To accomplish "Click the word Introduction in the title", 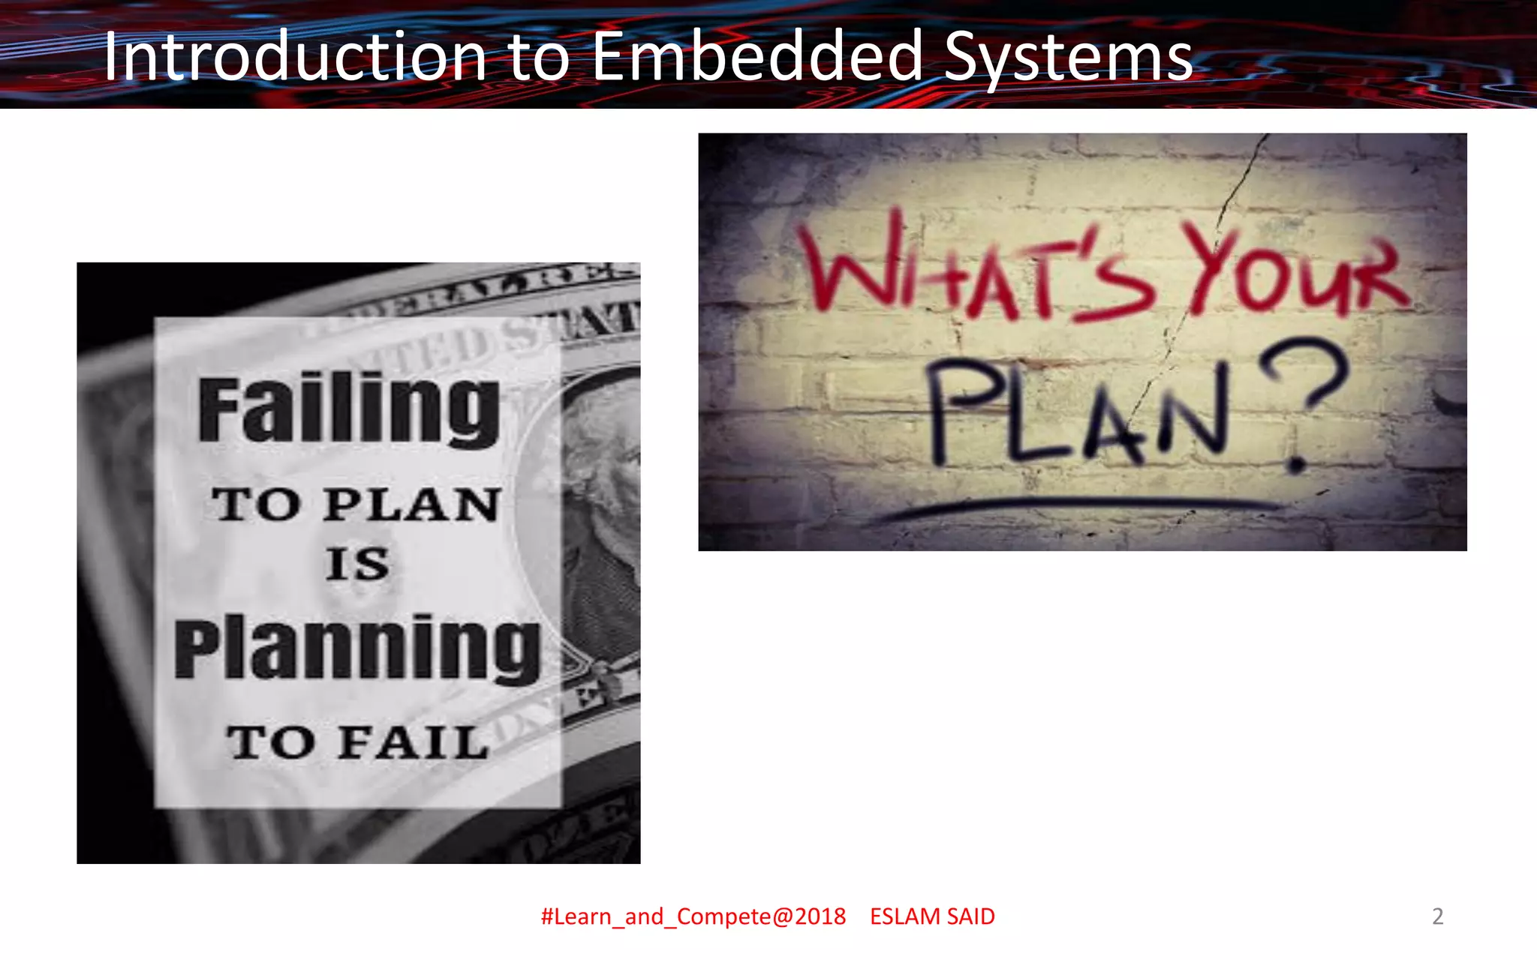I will coord(295,57).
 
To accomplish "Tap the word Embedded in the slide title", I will coord(756,57).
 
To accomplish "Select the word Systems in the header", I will coord(1068,58).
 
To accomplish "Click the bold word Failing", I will coord(349,409).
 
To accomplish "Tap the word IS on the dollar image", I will coord(357,564).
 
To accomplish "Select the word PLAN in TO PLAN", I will coord(413,504).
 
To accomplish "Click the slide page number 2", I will coord(1437,916).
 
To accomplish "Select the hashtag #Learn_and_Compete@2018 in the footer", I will coord(693,916).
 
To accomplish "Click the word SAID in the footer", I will coord(970,916).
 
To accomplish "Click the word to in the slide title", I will coord(539,58).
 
